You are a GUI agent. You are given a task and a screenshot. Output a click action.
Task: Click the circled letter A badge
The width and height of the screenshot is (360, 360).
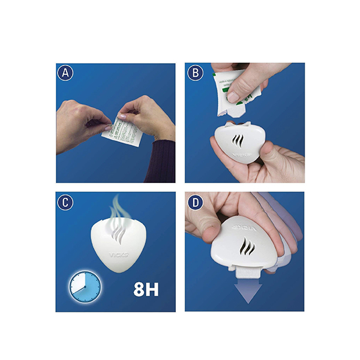coord(65,73)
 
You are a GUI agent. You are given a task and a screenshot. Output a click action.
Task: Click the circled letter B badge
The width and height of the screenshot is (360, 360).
coord(194,73)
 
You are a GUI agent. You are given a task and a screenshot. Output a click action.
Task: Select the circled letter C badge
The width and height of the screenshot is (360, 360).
coord(65,202)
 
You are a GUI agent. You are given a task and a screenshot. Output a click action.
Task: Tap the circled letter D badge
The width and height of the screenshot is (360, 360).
coord(194,202)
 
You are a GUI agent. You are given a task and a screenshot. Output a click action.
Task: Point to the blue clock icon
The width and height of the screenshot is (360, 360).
coord(86,286)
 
